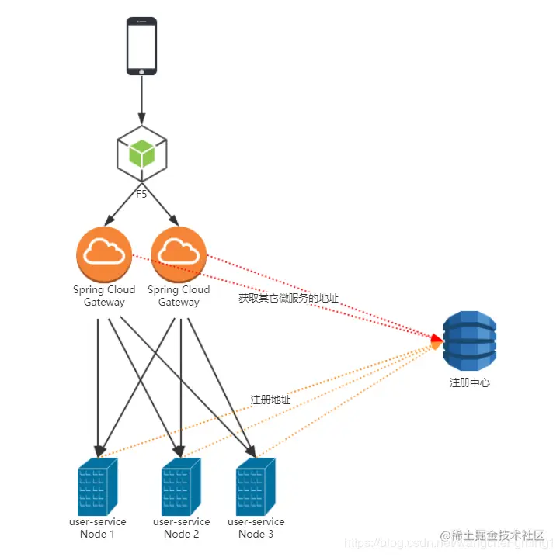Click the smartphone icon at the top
click(x=141, y=47)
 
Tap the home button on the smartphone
click(x=141, y=71)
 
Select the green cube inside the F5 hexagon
click(x=141, y=153)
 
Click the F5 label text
click(x=141, y=194)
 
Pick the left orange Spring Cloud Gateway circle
click(x=103, y=254)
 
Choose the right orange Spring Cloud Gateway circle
click(x=179, y=254)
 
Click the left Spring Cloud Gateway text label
click(x=104, y=296)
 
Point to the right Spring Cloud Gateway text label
click(x=179, y=296)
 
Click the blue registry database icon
click(x=469, y=342)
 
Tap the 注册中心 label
click(x=469, y=382)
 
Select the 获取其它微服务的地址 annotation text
click(x=288, y=298)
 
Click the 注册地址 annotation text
click(x=270, y=400)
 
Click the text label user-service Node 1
click(x=98, y=528)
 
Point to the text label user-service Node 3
click(x=256, y=528)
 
